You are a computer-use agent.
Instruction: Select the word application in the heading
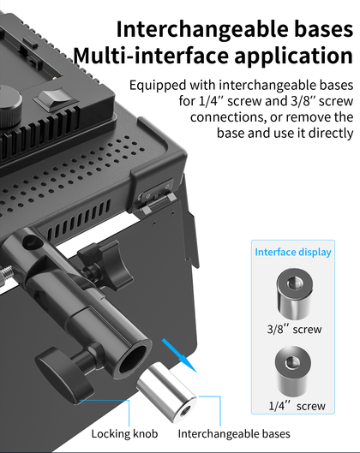293,57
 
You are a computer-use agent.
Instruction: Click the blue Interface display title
293,253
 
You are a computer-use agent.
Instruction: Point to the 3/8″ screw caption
294,329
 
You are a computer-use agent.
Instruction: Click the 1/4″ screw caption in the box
297,406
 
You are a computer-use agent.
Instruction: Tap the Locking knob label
124,434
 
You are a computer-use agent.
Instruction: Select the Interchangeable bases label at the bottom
234,434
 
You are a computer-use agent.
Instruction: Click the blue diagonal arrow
179,355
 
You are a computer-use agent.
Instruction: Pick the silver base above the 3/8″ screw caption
294,293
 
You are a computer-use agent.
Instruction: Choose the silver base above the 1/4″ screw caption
293,373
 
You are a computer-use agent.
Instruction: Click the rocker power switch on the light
56,99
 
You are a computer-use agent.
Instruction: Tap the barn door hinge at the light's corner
156,196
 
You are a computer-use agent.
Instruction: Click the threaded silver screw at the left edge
6,276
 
